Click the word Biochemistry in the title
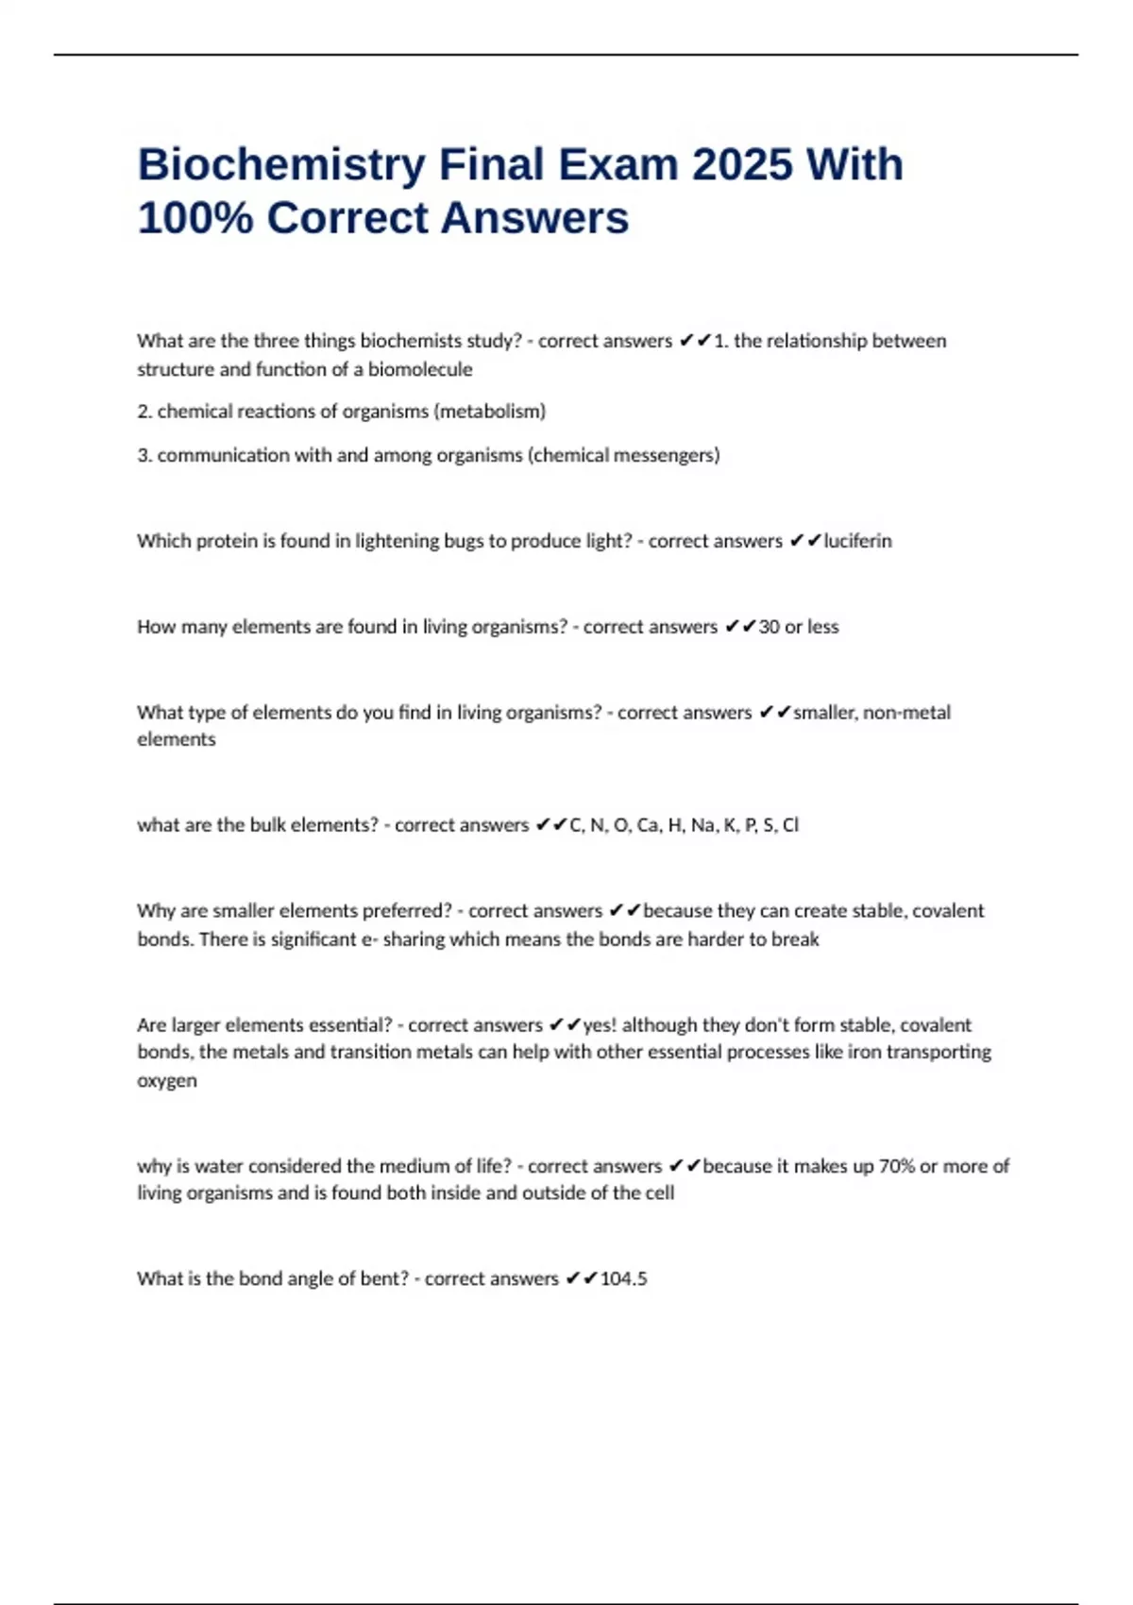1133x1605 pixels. point(280,166)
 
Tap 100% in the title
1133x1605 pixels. point(194,218)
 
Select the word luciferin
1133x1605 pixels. point(857,541)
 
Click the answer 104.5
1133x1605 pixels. point(623,1278)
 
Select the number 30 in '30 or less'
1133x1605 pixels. point(769,627)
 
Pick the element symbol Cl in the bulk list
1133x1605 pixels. point(790,825)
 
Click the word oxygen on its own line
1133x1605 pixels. point(167,1080)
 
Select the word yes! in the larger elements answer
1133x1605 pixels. point(600,1024)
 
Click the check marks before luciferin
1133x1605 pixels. point(804,541)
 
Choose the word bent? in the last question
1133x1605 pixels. point(383,1278)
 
